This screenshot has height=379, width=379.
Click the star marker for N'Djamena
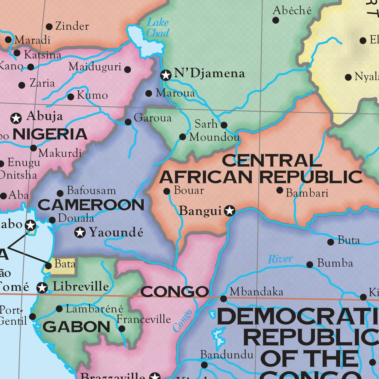166,75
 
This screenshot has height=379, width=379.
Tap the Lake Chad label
158,27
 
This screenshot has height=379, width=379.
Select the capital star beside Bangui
230,211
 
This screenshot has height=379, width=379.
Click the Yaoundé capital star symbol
80,232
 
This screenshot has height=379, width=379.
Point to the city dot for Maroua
149,93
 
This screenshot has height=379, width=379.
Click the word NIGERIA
50,134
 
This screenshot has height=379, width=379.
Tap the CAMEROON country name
91,205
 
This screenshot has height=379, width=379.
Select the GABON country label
76,327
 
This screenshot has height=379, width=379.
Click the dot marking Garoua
128,122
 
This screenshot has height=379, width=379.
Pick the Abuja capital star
16,118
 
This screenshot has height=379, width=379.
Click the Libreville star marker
42,287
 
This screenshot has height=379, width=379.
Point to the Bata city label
65,264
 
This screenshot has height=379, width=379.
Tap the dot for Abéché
276,20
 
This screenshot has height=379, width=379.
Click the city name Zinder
72,26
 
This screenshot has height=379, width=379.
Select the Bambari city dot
280,190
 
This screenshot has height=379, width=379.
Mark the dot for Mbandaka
224,298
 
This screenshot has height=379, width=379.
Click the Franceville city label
144,319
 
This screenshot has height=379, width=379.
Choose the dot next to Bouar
167,191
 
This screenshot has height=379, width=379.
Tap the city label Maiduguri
95,67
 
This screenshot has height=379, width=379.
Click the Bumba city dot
310,265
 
